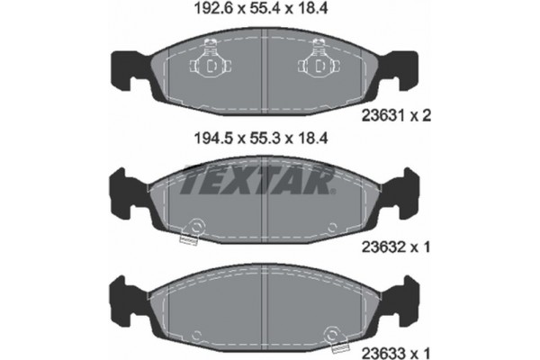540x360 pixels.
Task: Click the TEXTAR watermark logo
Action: pos(260,180)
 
